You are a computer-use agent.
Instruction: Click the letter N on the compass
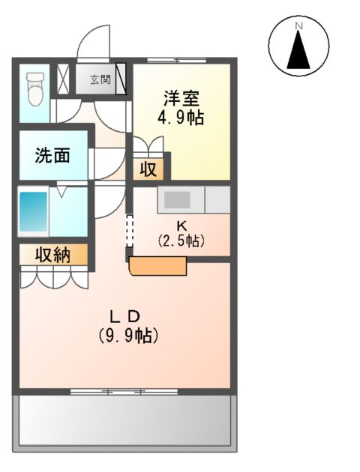(x=298, y=27)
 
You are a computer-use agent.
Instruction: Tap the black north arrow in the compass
(x=298, y=51)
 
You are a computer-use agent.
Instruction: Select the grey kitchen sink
(x=178, y=199)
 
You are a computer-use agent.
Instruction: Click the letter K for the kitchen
(x=181, y=226)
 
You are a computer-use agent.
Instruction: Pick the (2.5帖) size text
(x=181, y=241)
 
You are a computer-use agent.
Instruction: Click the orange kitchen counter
(x=157, y=266)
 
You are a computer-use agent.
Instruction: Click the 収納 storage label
(x=52, y=255)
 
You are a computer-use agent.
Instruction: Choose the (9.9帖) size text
(x=127, y=335)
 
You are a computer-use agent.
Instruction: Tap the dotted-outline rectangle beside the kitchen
(x=129, y=230)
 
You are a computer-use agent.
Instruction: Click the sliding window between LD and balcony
(x=124, y=390)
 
